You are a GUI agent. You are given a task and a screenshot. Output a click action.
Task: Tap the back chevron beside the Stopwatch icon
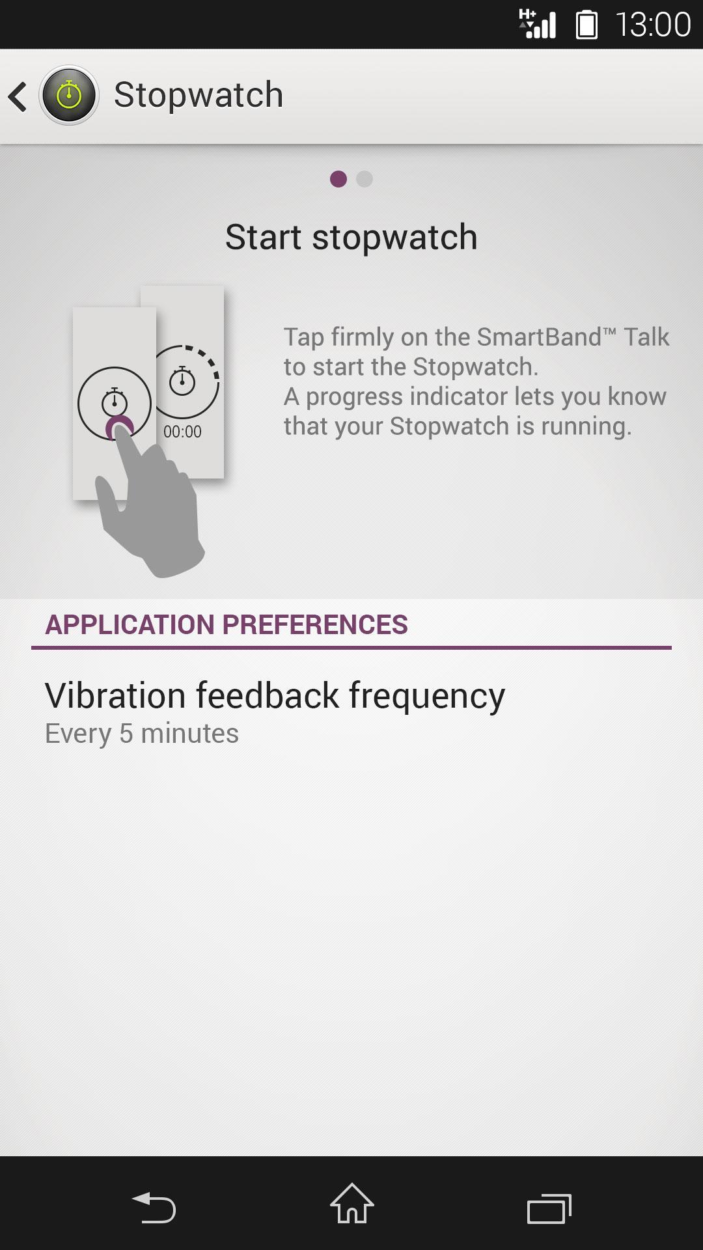18,96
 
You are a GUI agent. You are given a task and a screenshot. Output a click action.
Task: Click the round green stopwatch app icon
69,95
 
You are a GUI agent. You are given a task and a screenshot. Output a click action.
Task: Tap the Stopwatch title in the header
199,95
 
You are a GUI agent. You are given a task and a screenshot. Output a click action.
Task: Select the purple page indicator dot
338,179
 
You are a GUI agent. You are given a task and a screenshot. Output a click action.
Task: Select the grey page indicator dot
365,179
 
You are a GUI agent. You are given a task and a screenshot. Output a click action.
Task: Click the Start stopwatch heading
351,237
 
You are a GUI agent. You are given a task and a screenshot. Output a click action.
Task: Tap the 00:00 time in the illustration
182,432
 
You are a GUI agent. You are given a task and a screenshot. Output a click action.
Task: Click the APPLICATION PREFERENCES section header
227,625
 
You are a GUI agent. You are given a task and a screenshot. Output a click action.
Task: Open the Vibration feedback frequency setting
275,696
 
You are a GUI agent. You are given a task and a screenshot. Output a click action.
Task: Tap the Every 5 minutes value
142,734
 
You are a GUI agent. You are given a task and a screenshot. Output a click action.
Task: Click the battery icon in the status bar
586,25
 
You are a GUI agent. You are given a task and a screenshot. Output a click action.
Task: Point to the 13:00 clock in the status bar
653,25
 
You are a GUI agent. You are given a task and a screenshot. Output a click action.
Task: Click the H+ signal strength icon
537,25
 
